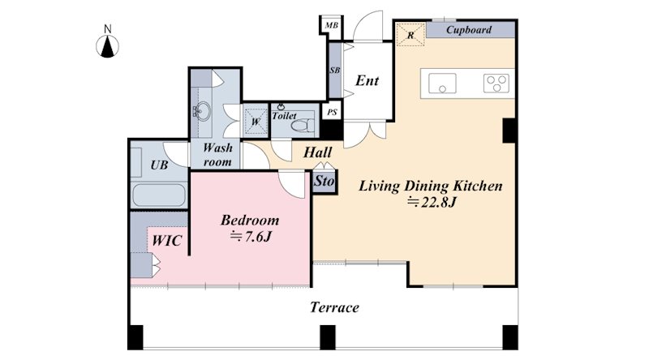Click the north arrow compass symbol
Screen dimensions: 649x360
coord(108,45)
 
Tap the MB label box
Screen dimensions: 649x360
coord(331,25)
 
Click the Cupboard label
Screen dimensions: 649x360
coord(469,30)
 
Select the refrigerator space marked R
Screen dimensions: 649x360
coord(410,35)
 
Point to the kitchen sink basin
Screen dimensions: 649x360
coord(442,84)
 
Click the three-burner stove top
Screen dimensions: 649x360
coord(496,83)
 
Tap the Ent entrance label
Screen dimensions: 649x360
coord(367,80)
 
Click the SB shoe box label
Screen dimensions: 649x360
coord(335,71)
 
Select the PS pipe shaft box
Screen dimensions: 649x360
coord(332,112)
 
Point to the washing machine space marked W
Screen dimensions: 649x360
coord(256,122)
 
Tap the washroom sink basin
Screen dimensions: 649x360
coord(203,111)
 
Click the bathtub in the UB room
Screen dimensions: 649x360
coord(158,195)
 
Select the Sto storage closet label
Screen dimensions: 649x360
coord(324,181)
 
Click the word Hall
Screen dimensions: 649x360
coord(317,152)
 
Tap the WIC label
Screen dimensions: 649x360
coord(167,241)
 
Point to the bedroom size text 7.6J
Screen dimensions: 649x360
coord(251,237)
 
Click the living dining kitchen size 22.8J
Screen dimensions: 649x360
coord(432,203)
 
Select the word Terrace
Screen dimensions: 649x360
coord(334,307)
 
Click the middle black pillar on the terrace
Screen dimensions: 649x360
coord(328,337)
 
